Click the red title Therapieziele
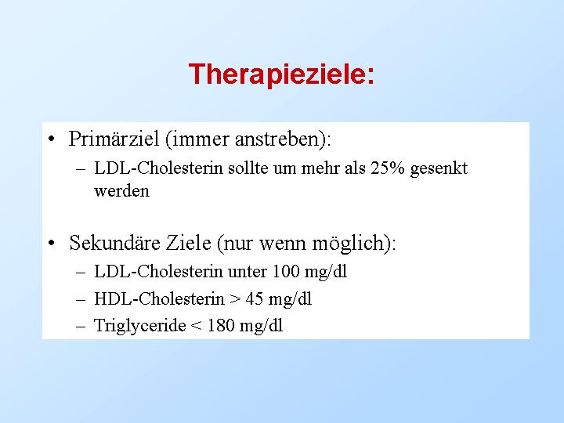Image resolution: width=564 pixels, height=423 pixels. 281,74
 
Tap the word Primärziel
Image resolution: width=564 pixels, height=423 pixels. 114,139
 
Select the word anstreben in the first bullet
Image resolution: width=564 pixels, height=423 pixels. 277,139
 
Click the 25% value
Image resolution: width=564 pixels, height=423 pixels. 388,168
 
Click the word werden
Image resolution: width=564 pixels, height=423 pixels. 121,190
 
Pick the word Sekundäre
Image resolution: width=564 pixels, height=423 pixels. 114,242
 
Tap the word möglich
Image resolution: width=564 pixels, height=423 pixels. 349,243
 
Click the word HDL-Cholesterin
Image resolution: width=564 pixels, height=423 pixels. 159,298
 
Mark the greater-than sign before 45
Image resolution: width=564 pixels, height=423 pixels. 235,299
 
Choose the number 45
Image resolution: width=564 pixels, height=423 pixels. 255,299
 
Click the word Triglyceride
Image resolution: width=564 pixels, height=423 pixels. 140,326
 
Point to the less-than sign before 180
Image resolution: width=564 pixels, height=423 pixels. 197,326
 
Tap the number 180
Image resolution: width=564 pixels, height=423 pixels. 220,326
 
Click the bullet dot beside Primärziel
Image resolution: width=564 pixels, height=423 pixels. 52,139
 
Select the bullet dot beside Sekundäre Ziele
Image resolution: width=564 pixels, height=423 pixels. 52,243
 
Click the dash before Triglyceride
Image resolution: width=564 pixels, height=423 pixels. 81,327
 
